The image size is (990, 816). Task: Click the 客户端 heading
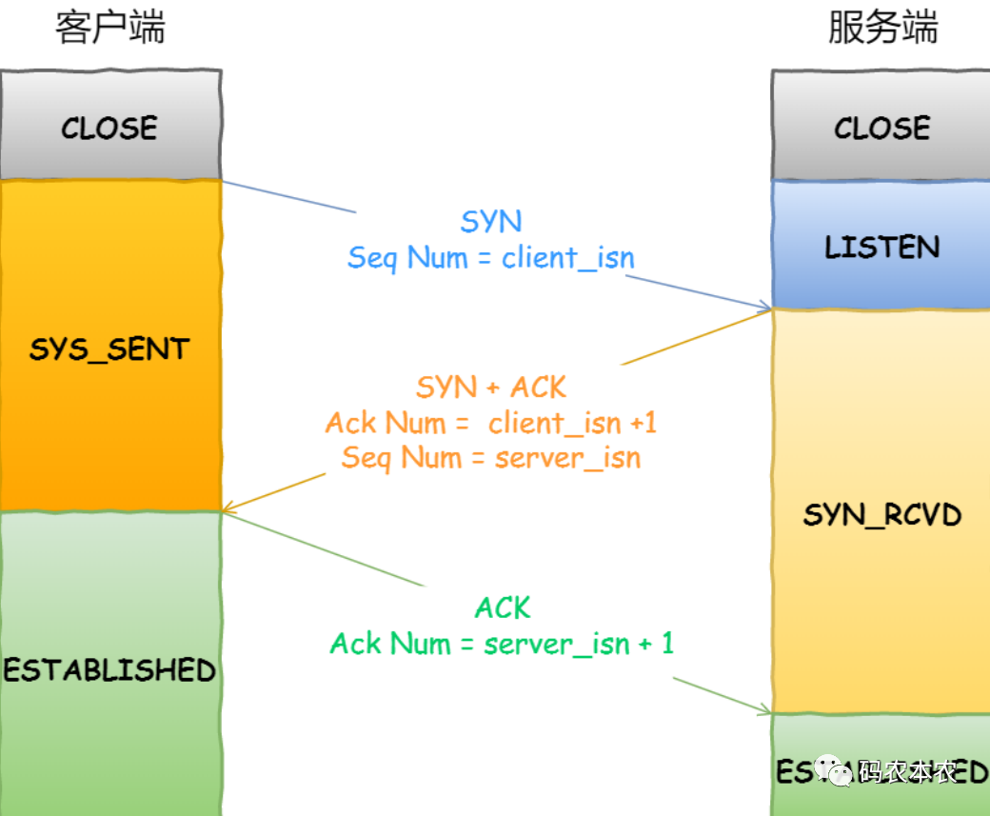pos(109,28)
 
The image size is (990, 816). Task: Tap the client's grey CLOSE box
pos(109,128)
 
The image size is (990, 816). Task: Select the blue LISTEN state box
pos(881,247)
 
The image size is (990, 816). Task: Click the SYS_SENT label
pos(109,349)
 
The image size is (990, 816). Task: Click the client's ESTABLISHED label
pos(109,669)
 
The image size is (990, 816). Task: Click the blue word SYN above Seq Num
pos(491,222)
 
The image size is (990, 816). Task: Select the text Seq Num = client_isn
pos(491,257)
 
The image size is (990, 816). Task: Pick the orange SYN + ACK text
pos(491,388)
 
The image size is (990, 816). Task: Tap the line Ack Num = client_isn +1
pos(491,423)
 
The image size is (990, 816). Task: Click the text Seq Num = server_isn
pos(491,458)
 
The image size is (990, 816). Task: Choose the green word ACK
pos(503,607)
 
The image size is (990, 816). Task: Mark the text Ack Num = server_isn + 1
pos(502,644)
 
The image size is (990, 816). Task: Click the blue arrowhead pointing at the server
pos(764,307)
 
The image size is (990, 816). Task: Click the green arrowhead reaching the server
pos(764,710)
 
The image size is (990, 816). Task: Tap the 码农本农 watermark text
pos(907,771)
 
